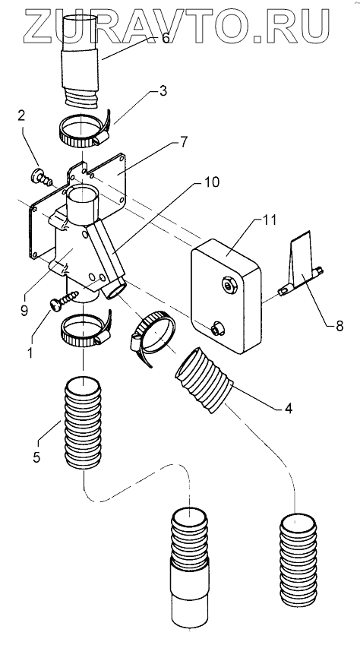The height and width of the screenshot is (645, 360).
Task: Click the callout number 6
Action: tap(166, 38)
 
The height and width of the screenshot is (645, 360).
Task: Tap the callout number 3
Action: tap(163, 91)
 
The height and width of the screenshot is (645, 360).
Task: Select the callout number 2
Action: tap(21, 115)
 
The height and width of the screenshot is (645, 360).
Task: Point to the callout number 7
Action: tap(184, 142)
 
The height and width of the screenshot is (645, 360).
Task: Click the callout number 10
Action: tap(210, 182)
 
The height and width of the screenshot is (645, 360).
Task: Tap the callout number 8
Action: tap(339, 326)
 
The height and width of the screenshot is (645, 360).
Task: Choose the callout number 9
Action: tap(24, 310)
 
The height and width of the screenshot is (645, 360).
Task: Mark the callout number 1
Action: tap(30, 353)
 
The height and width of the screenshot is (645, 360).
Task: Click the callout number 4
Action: tap(289, 409)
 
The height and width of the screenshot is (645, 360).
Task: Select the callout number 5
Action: tap(36, 457)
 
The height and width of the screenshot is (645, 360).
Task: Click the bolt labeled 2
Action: tap(41, 177)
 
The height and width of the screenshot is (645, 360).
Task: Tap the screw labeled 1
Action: tap(65, 300)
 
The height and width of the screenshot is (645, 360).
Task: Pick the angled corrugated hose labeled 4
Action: tap(204, 379)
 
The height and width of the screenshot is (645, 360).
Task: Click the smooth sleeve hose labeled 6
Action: tap(81, 62)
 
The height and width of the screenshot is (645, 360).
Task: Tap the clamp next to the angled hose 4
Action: tap(152, 337)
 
